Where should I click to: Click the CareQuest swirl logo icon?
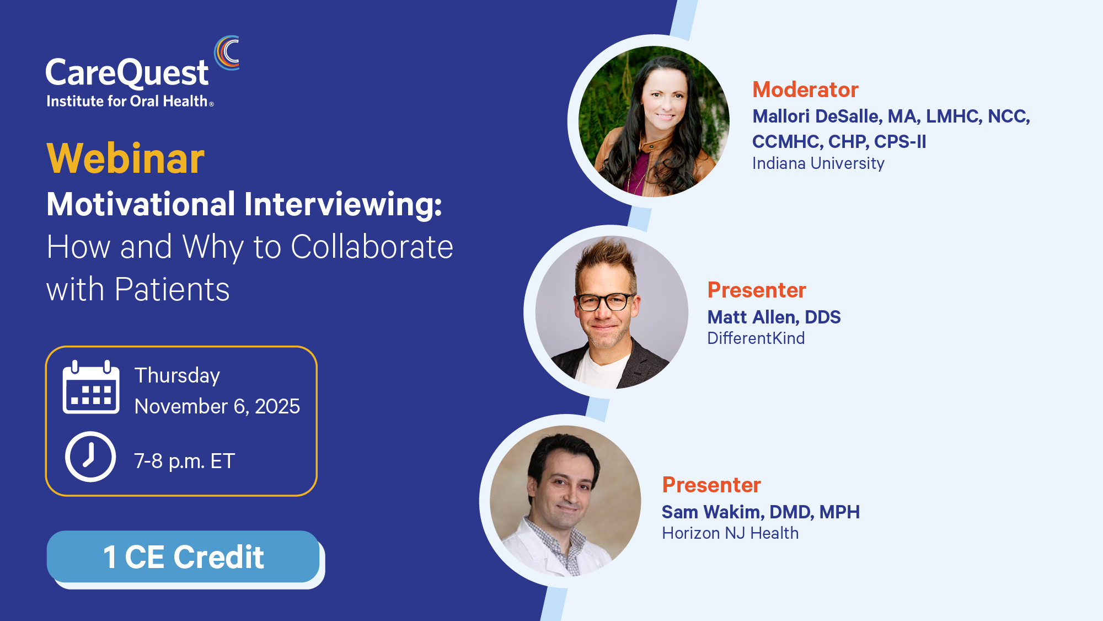point(227,53)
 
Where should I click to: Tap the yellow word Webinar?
point(126,158)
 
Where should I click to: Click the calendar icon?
point(91,387)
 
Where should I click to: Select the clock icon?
point(90,457)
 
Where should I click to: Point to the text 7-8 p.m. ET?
point(185,461)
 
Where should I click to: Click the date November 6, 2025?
point(217,406)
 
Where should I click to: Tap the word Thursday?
point(177,376)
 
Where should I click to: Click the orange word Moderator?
point(805,89)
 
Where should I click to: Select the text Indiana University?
point(818,163)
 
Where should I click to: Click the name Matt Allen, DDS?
point(774,317)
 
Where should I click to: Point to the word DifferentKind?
point(756,338)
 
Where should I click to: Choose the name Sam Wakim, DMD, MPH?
point(761,512)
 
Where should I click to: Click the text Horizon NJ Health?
point(730,533)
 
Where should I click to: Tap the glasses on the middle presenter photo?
point(604,302)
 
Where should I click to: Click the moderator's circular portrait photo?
point(654,121)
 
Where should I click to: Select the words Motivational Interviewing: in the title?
point(244,204)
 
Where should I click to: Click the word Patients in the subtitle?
point(172,289)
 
